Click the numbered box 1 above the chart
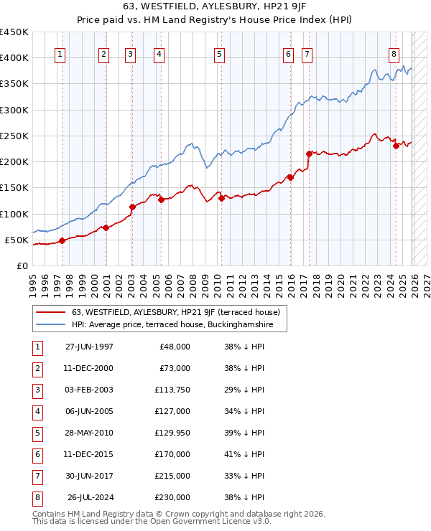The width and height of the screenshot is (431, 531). click(x=60, y=54)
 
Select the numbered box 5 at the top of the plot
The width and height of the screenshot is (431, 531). click(x=218, y=54)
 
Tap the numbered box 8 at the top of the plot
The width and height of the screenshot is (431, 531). click(x=394, y=54)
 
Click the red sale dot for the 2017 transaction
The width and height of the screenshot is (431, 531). click(x=309, y=154)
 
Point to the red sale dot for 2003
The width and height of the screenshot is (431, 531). click(x=132, y=207)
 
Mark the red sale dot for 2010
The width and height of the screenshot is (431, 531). click(x=222, y=199)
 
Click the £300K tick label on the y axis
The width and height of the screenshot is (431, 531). click(x=14, y=110)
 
